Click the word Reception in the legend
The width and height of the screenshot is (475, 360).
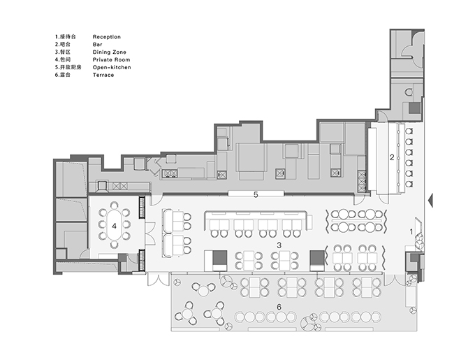coord(107,37)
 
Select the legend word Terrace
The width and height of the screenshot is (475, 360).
coord(103,75)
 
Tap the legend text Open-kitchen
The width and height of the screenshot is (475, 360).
coord(112,67)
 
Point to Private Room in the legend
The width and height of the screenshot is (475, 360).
coord(111,59)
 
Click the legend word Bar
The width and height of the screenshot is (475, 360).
coord(98,45)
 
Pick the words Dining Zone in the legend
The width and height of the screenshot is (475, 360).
coord(110,52)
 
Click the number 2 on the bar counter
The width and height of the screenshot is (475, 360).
coord(392,157)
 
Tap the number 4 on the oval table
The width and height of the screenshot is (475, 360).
coord(114,226)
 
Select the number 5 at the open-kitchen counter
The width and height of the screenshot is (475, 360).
coord(256,195)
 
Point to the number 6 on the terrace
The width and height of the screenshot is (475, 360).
coord(279,308)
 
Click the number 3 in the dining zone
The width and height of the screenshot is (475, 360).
coord(279,245)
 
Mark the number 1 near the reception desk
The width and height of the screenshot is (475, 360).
coord(411,232)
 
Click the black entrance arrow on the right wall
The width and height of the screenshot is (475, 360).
coord(430,200)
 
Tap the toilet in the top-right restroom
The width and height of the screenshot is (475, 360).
coord(409,92)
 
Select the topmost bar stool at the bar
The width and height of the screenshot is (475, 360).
coord(409,131)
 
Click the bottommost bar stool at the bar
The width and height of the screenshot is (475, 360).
coord(409,184)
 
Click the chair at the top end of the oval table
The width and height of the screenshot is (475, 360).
coord(114,205)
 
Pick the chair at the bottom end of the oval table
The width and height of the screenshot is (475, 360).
coord(114,244)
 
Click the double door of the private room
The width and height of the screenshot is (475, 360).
coord(150,234)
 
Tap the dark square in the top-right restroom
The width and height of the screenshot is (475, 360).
coord(415,108)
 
